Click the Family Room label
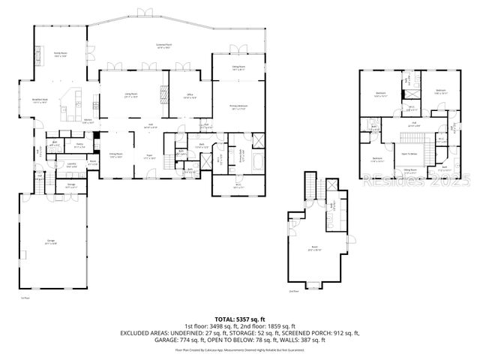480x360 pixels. tap(61, 55)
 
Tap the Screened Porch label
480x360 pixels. tap(164, 46)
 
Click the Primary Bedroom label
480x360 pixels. tap(238, 108)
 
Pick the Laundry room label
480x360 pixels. tap(72, 164)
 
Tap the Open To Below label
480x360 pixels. tap(409, 154)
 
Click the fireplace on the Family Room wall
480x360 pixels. tap(35, 54)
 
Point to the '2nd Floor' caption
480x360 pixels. tap(293, 290)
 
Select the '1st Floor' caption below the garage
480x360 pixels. tap(25, 298)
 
